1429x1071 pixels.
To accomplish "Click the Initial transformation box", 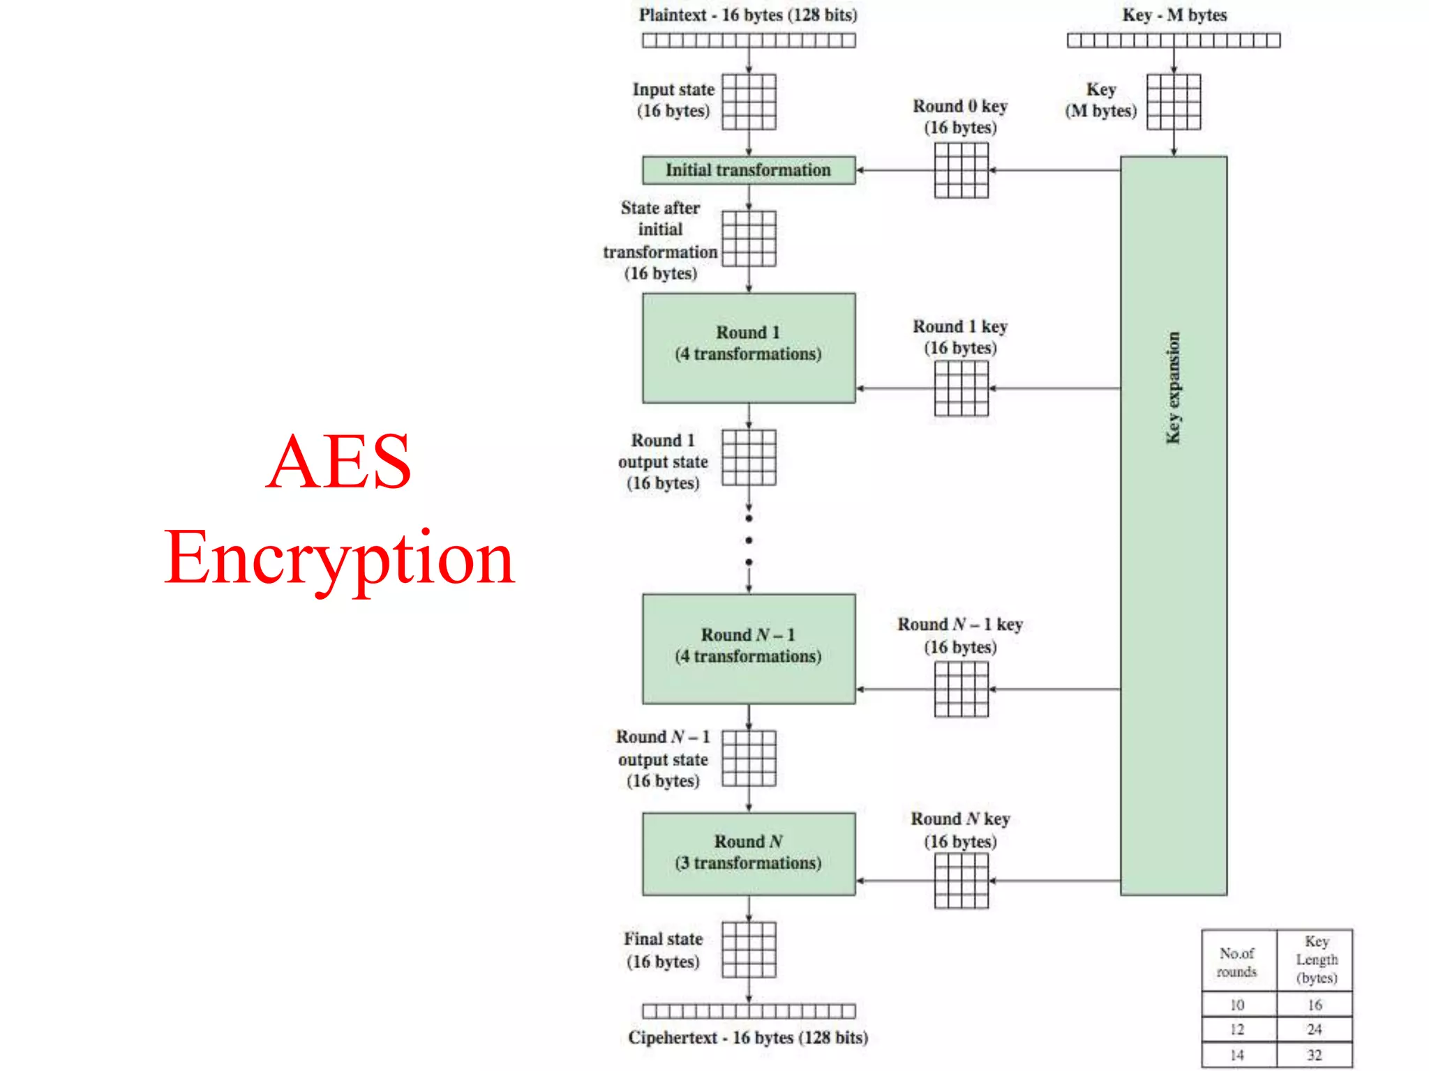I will point(748,170).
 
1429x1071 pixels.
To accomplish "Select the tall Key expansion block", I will point(1173,526).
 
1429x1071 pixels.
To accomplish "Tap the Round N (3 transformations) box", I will point(748,853).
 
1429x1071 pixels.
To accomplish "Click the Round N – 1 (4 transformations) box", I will point(748,648).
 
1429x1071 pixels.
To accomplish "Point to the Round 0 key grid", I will point(961,170).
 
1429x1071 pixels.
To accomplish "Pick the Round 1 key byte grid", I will point(961,389).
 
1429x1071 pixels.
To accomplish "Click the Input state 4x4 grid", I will point(749,102).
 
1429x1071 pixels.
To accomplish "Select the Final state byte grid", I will point(749,950).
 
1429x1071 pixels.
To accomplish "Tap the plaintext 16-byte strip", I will point(749,40).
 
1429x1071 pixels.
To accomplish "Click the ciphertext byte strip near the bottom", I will point(749,1011).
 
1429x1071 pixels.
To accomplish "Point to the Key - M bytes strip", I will point(1173,40).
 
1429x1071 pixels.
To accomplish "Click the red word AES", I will point(340,462).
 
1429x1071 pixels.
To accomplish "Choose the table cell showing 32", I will point(1314,1055).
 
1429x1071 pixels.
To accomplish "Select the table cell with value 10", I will point(1237,1005).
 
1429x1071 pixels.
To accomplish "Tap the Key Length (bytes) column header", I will point(1316,959).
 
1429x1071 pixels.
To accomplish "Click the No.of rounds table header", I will point(1237,962).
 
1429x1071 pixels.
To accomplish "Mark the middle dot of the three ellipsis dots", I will point(749,540).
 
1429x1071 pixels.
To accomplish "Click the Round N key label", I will point(960,819).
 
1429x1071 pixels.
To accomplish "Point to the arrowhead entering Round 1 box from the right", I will point(861,388).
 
